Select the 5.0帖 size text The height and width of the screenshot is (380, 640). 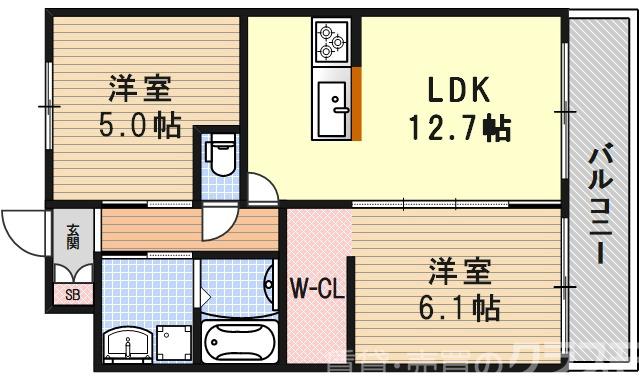(x=139, y=128)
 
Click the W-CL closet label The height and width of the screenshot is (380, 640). (x=318, y=290)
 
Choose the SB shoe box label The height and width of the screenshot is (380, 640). (x=72, y=294)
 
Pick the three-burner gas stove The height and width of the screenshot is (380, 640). (x=331, y=42)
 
